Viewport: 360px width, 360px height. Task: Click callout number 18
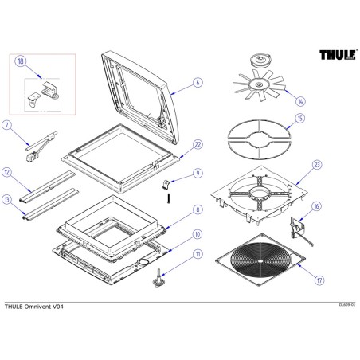[x=21, y=61]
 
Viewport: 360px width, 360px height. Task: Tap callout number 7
[x=7, y=125]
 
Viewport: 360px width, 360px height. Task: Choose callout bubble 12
[x=7, y=172]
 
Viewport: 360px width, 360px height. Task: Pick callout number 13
[x=7, y=199]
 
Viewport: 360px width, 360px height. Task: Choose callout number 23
[x=317, y=165]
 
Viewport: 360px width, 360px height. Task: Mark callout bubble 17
[x=317, y=279]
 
